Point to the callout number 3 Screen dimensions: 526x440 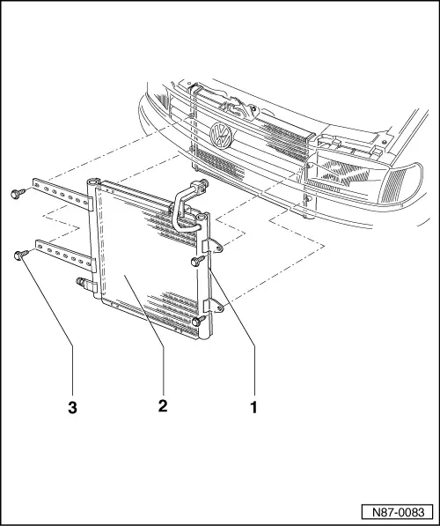point(72,408)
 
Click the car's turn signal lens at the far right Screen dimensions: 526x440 point(401,185)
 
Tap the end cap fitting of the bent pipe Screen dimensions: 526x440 point(203,185)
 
